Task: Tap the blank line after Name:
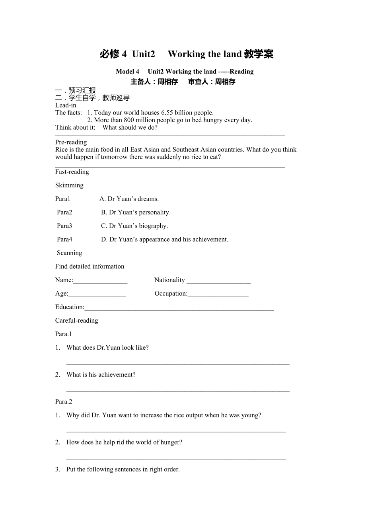(100, 280)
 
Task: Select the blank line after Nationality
(218, 280)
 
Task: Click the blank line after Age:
(97, 294)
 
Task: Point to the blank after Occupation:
(218, 294)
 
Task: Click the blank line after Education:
(179, 308)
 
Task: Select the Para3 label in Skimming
(64, 226)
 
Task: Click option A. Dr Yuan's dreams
(129, 199)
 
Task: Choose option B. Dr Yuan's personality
(136, 212)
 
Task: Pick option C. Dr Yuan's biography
(134, 226)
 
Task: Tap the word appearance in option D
(155, 239)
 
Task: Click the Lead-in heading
(66, 105)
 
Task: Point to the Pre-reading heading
(71, 142)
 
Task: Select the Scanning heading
(69, 253)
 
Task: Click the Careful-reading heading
(76, 320)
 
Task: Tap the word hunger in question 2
(171, 442)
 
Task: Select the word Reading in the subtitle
(241, 72)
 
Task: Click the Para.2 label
(64, 401)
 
